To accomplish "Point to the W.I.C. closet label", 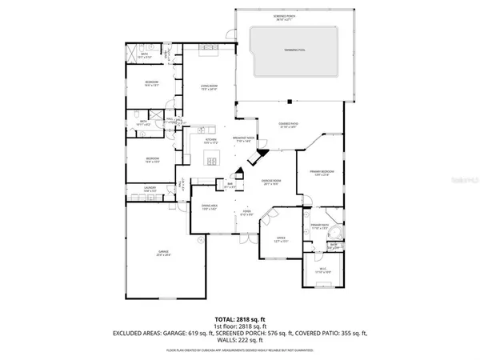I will point(322,271).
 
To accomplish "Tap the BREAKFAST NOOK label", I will point(243,139).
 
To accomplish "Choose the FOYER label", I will point(247,214).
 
